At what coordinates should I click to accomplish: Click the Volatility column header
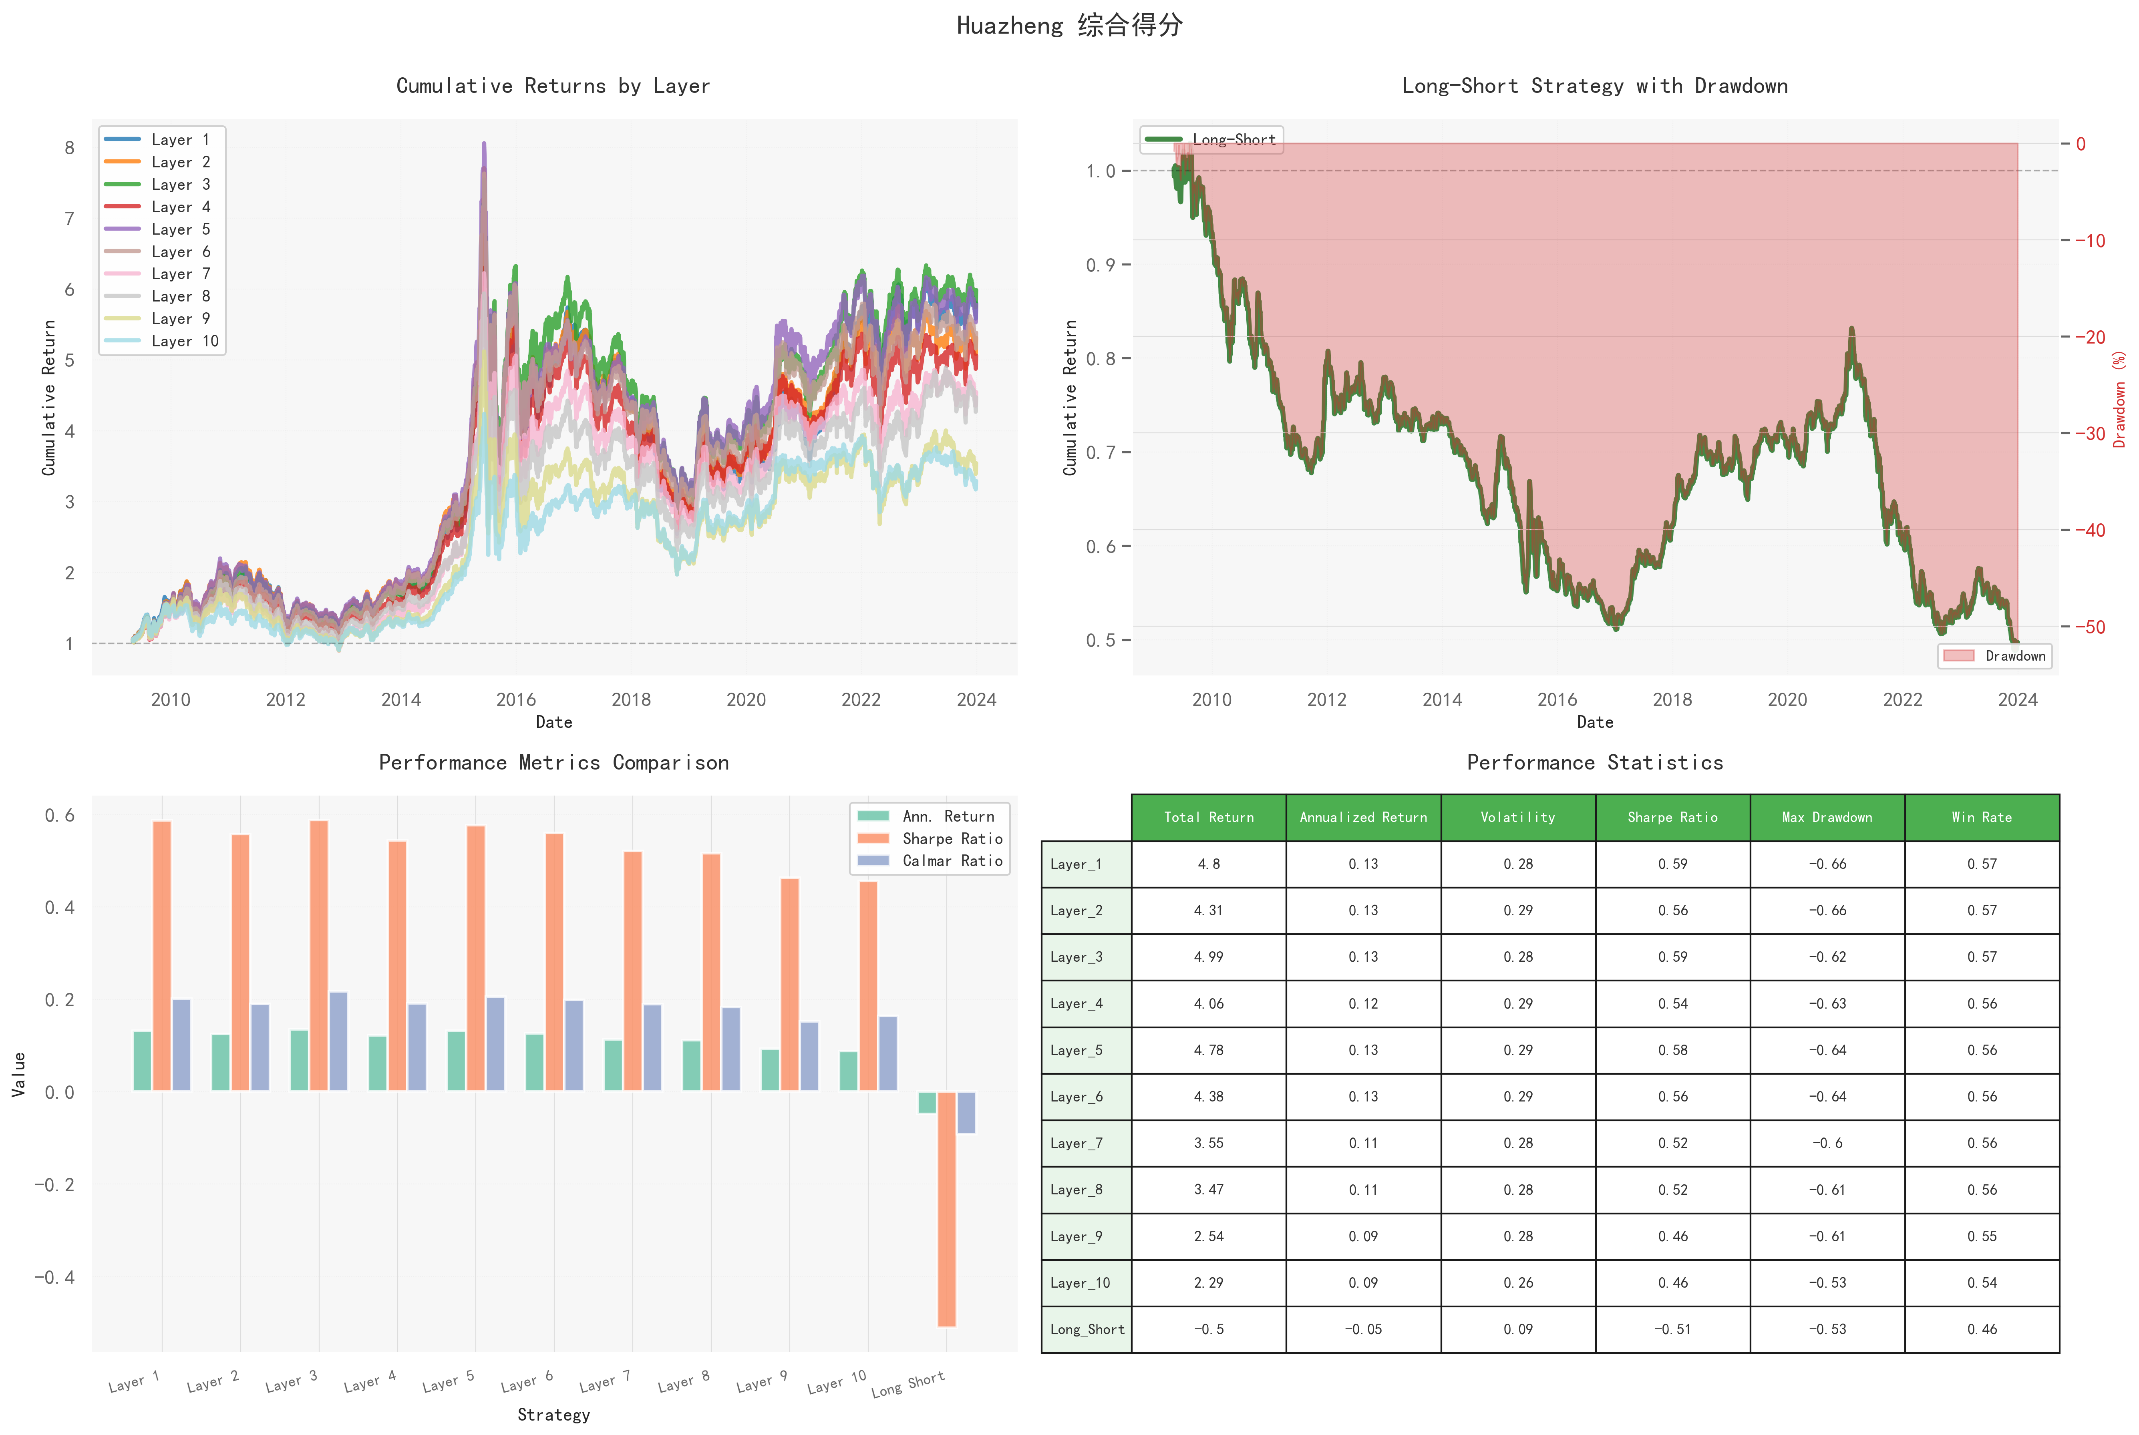1517,817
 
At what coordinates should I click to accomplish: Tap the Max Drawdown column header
1827,817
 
